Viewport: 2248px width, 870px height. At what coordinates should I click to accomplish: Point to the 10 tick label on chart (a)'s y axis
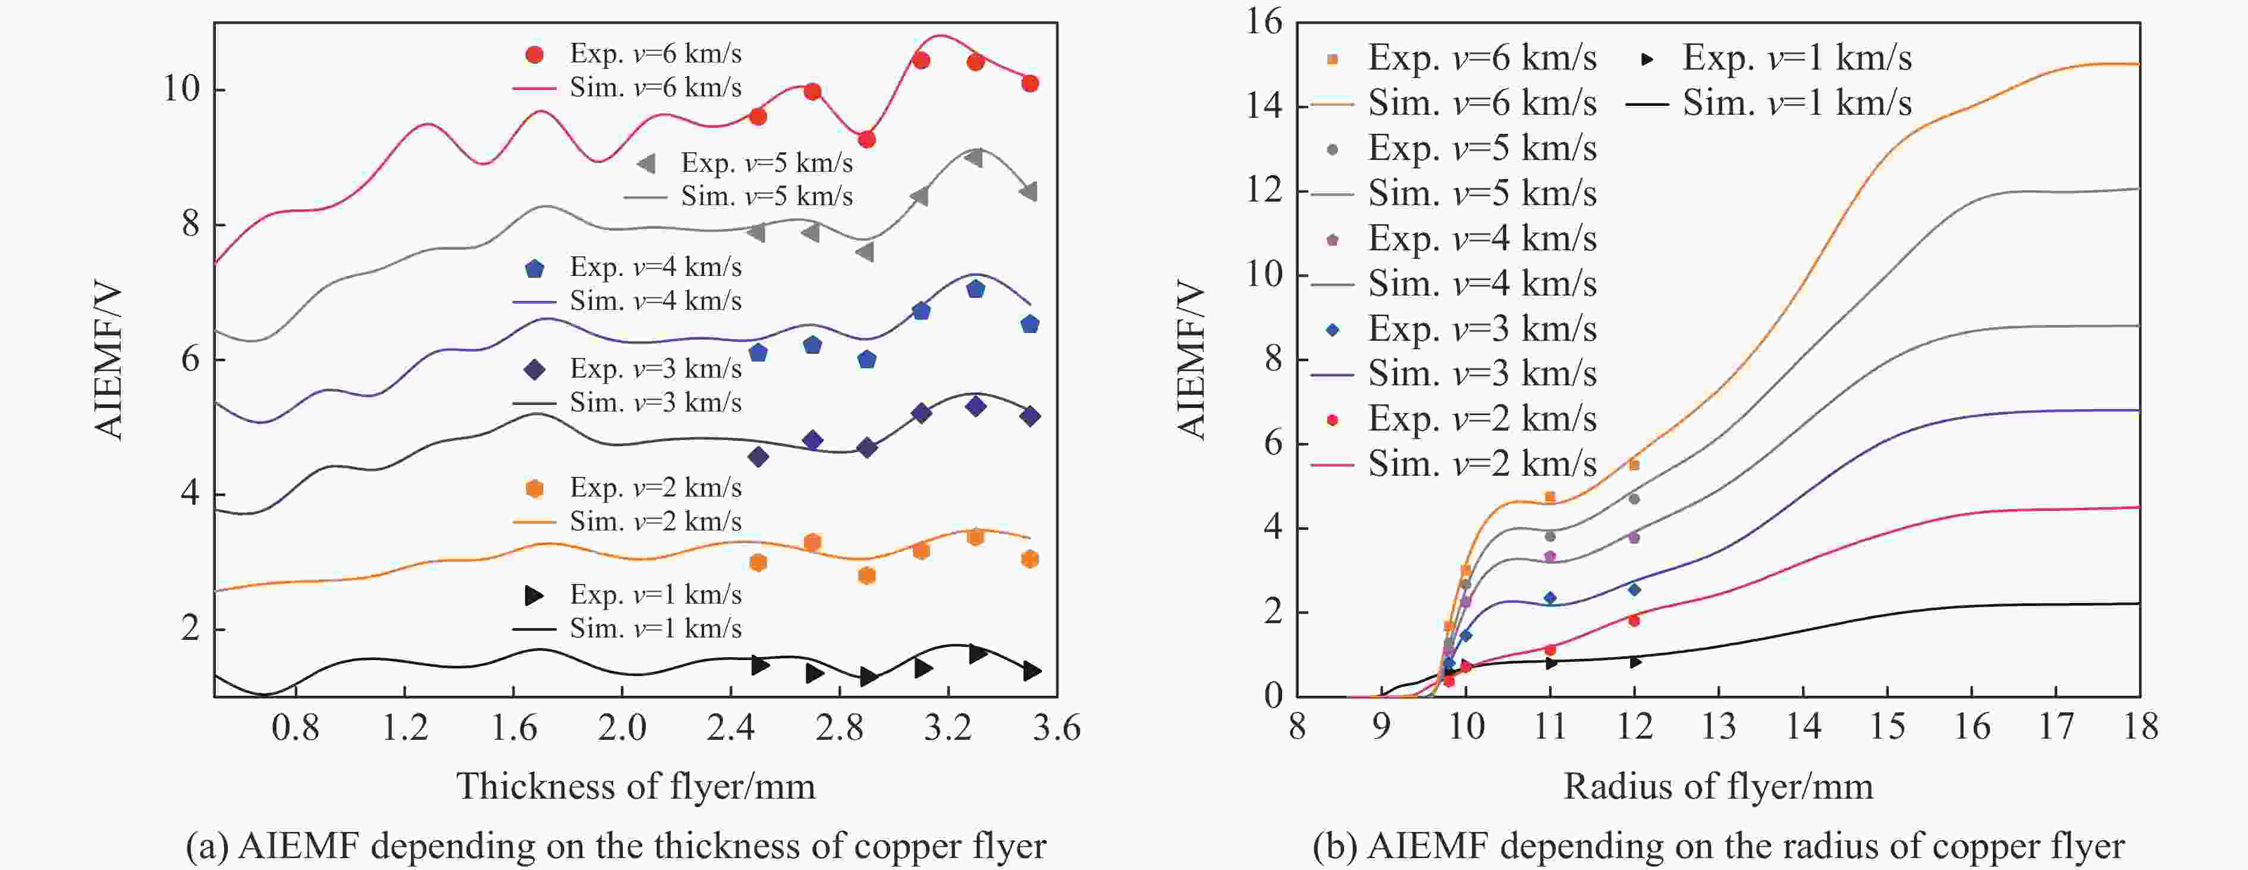click(x=181, y=89)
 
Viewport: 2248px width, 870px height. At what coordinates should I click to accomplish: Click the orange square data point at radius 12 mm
click(x=1634, y=465)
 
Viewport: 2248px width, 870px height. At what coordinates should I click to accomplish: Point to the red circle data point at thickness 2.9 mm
click(x=866, y=140)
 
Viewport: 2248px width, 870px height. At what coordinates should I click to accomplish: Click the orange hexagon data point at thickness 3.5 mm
click(x=1030, y=558)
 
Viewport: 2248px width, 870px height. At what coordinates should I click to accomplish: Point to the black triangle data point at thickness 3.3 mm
click(x=977, y=653)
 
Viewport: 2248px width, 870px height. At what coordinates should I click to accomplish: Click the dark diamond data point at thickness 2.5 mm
click(x=758, y=456)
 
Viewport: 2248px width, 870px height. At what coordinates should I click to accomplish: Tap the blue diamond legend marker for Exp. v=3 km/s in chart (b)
click(x=1332, y=329)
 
